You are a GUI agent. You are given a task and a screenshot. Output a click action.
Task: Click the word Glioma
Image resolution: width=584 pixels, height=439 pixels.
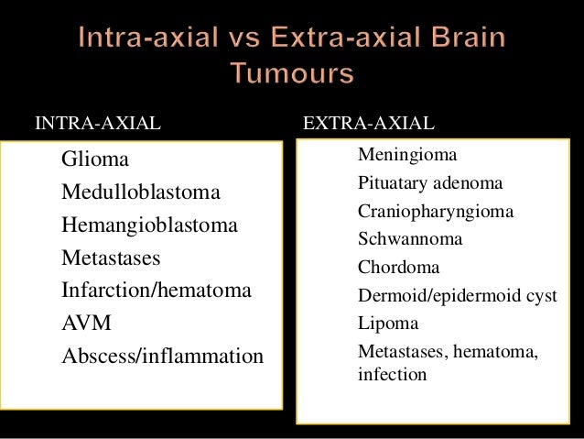[x=95, y=159]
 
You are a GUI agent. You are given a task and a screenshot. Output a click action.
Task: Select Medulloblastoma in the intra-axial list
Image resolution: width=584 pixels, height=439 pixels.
[x=141, y=192]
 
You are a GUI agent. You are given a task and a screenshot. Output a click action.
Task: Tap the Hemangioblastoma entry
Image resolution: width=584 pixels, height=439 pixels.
[x=149, y=225]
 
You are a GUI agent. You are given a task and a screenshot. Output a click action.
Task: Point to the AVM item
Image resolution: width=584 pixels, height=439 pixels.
[x=86, y=324]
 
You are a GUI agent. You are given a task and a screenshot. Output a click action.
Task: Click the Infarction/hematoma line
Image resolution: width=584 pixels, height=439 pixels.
[x=156, y=291]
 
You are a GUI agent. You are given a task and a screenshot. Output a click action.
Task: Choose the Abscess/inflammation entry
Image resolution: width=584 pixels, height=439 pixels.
[x=162, y=356]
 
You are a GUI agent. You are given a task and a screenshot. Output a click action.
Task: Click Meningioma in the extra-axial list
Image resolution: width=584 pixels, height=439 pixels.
[x=406, y=155]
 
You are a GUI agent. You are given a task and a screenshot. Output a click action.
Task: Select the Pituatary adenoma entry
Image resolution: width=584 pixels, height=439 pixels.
[x=429, y=183]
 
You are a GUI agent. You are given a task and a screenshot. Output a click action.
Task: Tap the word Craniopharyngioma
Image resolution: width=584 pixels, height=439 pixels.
[x=435, y=212]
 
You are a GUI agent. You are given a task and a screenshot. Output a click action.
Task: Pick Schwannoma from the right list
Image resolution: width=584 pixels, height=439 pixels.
[x=409, y=239]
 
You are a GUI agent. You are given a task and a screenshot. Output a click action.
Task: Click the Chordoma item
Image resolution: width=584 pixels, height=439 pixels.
[x=398, y=268]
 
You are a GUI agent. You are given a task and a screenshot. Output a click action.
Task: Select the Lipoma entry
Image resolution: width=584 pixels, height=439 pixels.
[x=387, y=324]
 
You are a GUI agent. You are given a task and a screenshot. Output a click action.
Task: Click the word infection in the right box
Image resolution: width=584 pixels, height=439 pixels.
[x=392, y=374]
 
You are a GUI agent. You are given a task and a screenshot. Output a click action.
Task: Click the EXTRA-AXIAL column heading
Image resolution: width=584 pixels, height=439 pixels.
[x=368, y=124]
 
